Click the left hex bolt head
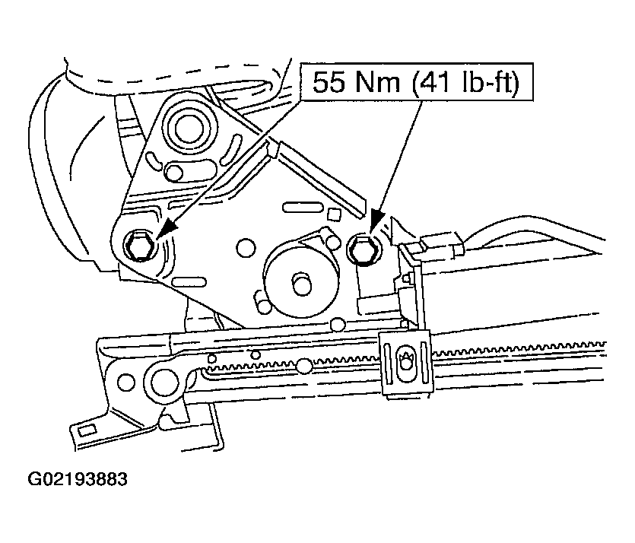[x=139, y=245]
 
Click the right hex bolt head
[x=364, y=249]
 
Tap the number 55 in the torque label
[x=329, y=82]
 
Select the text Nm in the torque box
[x=378, y=82]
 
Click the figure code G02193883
[x=78, y=479]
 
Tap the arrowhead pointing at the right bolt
[x=377, y=221]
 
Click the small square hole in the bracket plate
[x=333, y=214]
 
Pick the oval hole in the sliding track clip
[x=405, y=362]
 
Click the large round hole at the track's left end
[x=165, y=383]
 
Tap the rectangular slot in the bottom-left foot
[x=87, y=430]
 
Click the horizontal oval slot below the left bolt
[x=189, y=281]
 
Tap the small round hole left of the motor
[x=246, y=249]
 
